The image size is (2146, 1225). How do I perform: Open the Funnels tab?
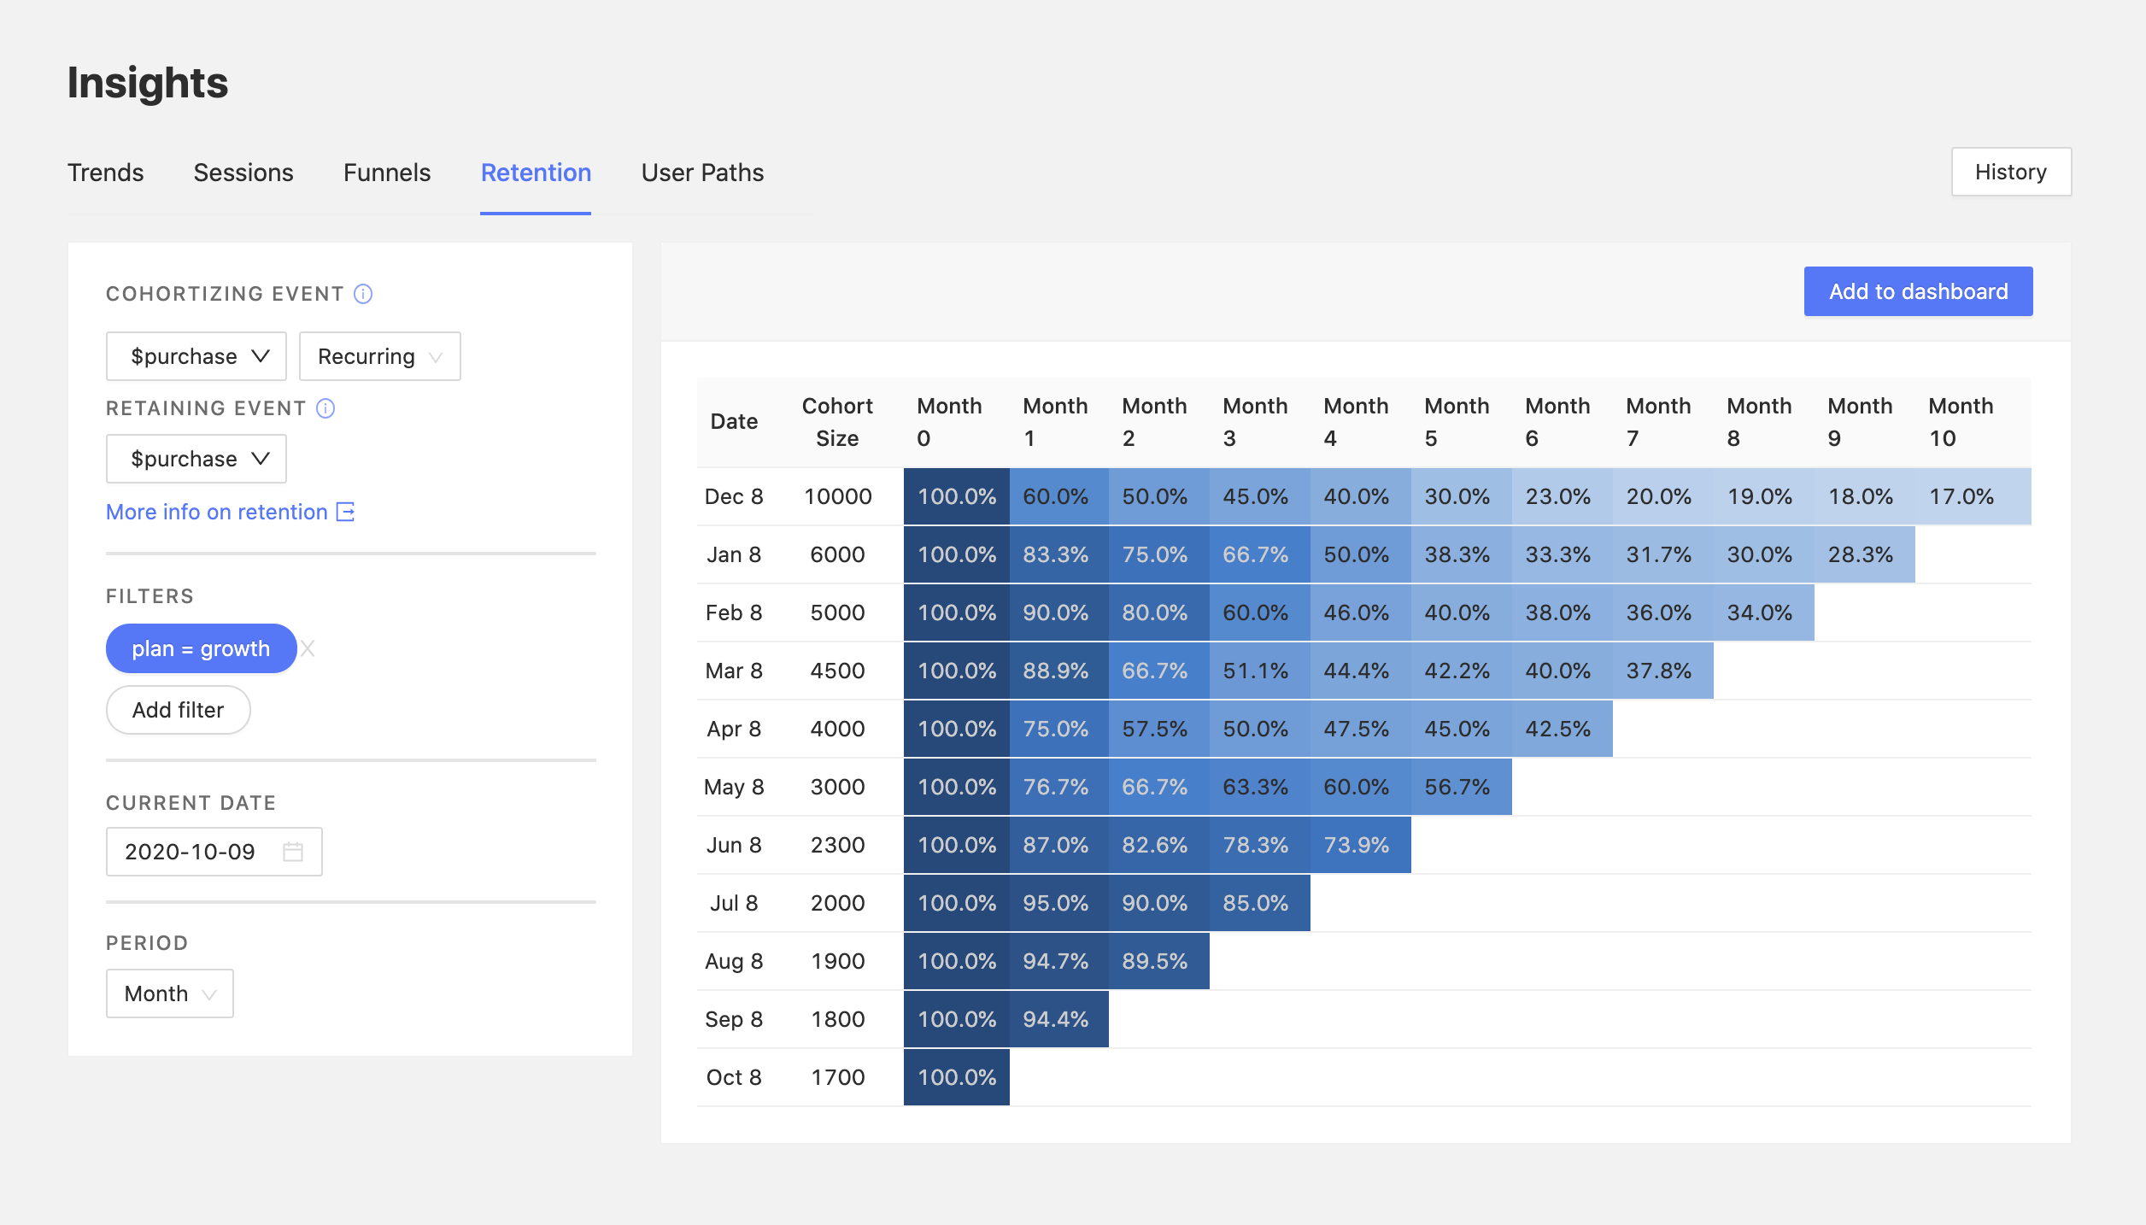click(x=386, y=173)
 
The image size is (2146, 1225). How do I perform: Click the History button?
click(x=2010, y=172)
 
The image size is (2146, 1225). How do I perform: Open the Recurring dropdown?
click(x=379, y=356)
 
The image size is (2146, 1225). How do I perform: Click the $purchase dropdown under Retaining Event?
click(x=196, y=459)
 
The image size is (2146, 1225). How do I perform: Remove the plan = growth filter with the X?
click(x=308, y=648)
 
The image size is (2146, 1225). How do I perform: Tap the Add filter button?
click(x=178, y=710)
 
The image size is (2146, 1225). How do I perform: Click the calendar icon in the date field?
click(x=293, y=852)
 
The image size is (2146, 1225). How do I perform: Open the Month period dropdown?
click(x=169, y=993)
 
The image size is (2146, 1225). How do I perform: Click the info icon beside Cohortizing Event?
click(x=363, y=294)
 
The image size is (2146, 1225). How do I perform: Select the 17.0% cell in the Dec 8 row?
click(x=1961, y=496)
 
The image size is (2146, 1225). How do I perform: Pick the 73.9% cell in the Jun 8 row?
click(x=1356, y=845)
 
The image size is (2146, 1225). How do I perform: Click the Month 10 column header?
click(x=1960, y=421)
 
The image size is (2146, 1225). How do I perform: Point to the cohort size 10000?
click(x=837, y=496)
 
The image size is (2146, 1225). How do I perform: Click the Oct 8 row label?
click(x=733, y=1077)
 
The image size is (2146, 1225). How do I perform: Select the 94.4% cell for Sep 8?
click(x=1056, y=1019)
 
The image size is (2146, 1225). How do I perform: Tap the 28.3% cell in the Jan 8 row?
click(x=1860, y=554)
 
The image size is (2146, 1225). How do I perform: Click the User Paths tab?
click(x=702, y=173)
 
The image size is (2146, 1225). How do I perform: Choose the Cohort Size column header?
click(x=836, y=421)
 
